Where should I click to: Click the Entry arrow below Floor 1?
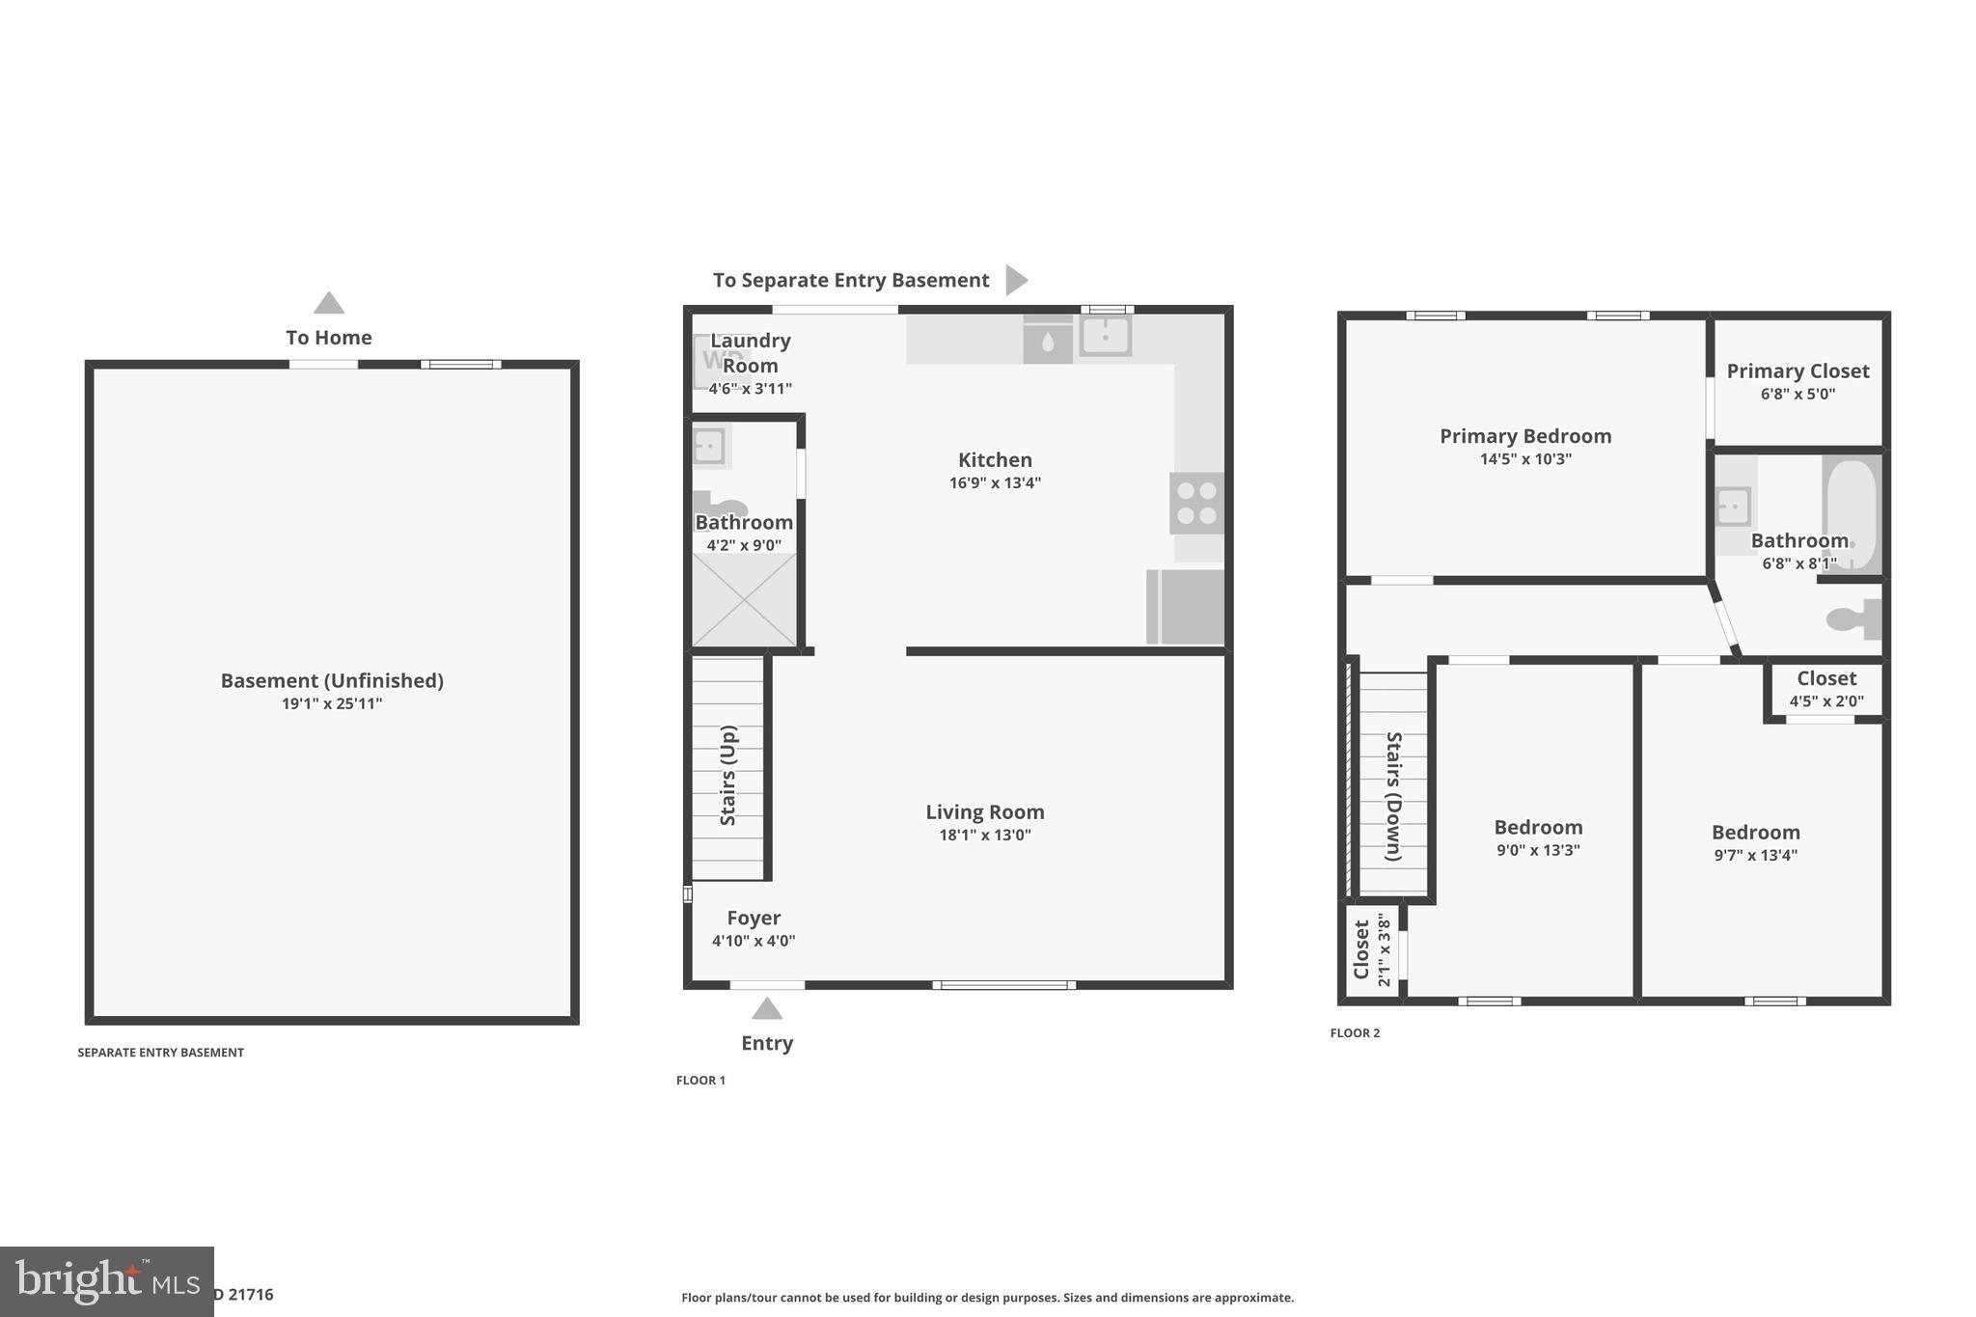pos(767,1009)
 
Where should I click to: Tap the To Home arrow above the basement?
pos(329,303)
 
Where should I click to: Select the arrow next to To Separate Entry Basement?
pos(1015,280)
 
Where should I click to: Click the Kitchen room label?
pos(995,460)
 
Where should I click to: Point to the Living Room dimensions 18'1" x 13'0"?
pos(985,836)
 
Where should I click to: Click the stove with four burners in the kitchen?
pos(1196,503)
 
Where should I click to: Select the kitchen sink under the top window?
pos(1105,337)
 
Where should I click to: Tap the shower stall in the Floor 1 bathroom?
pos(745,600)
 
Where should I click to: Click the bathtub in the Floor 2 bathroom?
pos(1851,513)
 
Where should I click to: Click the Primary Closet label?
pos(1798,371)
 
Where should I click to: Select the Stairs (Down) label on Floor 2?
pos(1393,796)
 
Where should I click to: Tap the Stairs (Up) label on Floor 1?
pos(728,775)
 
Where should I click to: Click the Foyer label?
pos(754,919)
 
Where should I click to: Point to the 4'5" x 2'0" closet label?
pos(1826,701)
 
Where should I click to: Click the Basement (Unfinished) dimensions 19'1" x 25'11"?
pos(332,704)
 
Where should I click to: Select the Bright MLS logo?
pos(106,1281)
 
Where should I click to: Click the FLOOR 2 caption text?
pos(1355,1033)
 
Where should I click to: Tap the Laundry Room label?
pos(750,353)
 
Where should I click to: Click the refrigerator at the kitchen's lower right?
pos(1186,607)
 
